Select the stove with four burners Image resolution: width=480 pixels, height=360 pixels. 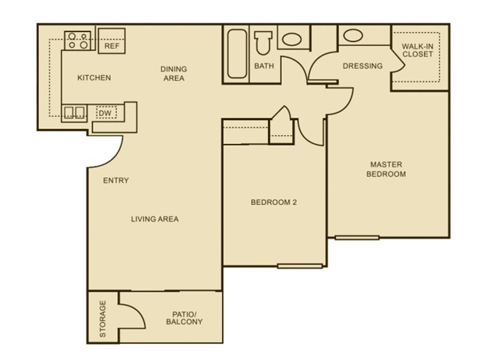pos(79,40)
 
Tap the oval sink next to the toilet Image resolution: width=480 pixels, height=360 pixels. pos(292,40)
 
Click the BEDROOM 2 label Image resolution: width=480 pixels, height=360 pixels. pos(274,202)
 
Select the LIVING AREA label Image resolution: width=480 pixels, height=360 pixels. pos(155,219)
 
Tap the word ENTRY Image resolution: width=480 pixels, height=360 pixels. pos(116,181)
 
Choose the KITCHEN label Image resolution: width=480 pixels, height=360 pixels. pos(94,78)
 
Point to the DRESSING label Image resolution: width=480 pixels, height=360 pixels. pos(362,66)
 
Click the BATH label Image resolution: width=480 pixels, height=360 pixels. pos(264,66)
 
